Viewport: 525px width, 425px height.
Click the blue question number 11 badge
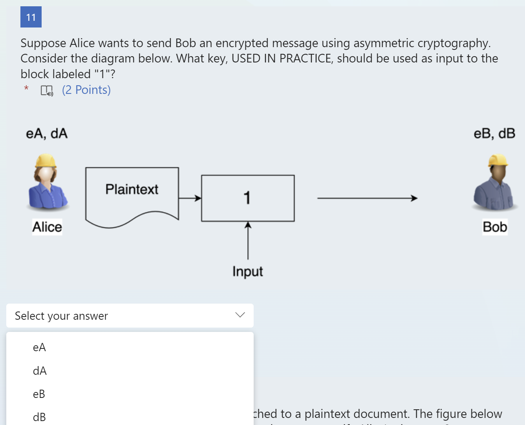[31, 17]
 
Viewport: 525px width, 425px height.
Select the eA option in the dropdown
[39, 348]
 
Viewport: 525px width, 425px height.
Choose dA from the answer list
[40, 371]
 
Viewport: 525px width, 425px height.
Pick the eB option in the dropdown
[39, 394]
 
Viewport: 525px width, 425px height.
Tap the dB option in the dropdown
[39, 417]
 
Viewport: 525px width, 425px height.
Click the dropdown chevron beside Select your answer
[240, 315]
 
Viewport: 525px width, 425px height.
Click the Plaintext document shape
[132, 194]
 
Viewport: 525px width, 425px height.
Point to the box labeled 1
[248, 198]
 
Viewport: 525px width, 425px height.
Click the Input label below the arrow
[247, 271]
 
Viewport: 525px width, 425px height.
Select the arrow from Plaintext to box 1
[190, 198]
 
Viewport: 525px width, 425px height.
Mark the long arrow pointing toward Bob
[367, 198]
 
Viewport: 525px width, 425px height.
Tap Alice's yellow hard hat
[46, 161]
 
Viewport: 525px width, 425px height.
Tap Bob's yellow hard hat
[498, 160]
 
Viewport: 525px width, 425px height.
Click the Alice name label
[47, 227]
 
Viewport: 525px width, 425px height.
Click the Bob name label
[495, 227]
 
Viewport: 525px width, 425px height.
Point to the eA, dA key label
[47, 134]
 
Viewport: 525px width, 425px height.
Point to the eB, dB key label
[494, 134]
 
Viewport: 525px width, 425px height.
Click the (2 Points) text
[86, 90]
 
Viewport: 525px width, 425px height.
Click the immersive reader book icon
[47, 91]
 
